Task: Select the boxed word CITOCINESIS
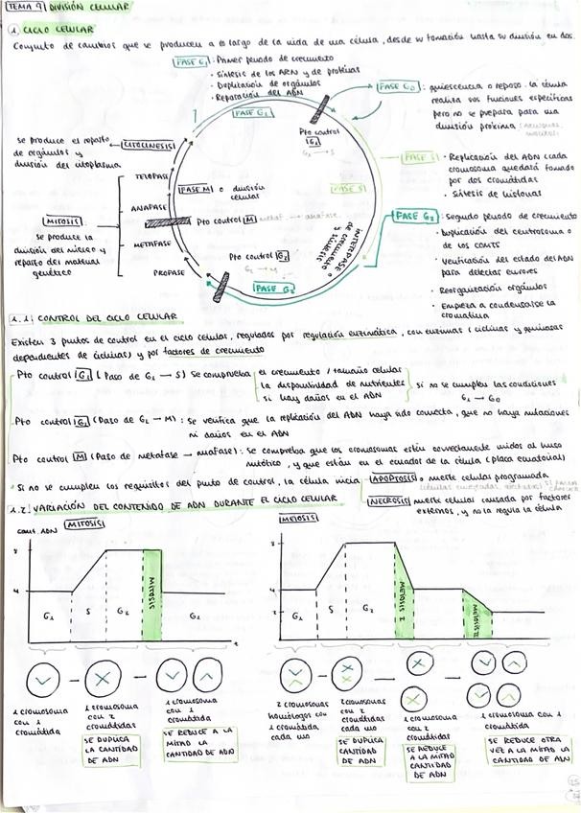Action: [149, 146]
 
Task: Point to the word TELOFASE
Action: [151, 178]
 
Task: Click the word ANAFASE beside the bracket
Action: [151, 207]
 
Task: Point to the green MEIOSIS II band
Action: [476, 616]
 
